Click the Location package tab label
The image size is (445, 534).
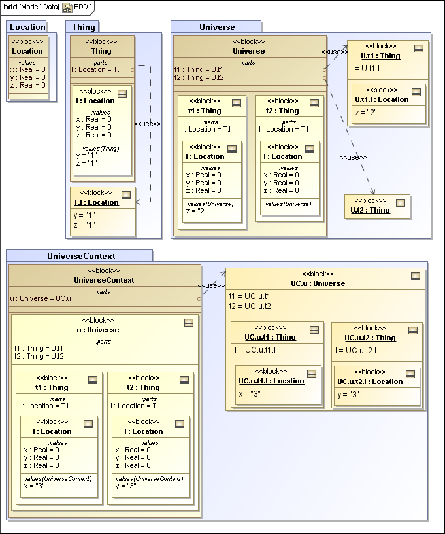click(x=27, y=27)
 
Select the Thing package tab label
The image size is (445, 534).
click(x=83, y=27)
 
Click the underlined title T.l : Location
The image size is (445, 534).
click(x=96, y=202)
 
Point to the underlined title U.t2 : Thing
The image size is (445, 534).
click(x=370, y=210)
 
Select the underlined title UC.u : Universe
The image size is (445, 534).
click(x=318, y=283)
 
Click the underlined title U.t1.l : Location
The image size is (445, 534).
click(x=382, y=99)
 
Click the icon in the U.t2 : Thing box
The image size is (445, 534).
click(x=401, y=203)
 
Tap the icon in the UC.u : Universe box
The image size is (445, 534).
click(x=415, y=276)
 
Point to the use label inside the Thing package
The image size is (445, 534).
click(x=147, y=123)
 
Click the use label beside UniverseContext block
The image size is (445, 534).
click(x=212, y=285)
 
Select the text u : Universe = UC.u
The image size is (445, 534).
click(x=40, y=298)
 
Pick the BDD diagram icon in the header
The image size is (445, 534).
click(x=67, y=7)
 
